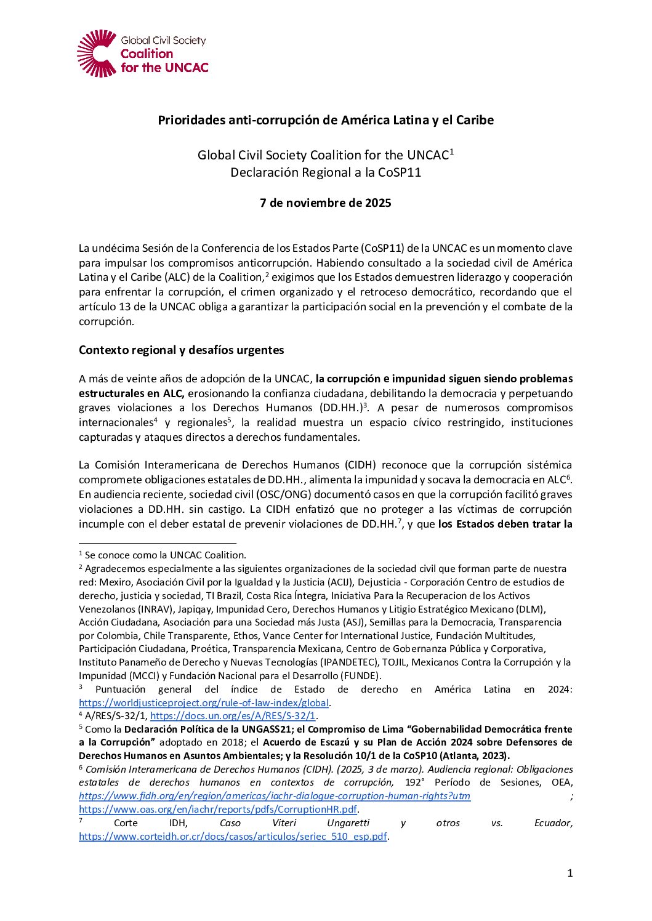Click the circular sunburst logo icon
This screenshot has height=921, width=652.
click(97, 54)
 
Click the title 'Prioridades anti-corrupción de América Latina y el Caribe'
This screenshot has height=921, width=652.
click(326, 120)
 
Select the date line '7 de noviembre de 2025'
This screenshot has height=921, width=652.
click(326, 203)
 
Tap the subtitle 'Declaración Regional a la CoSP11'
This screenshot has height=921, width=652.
click(326, 172)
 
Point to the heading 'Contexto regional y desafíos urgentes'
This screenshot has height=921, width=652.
click(182, 350)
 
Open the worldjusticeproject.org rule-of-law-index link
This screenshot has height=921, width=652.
click(204, 702)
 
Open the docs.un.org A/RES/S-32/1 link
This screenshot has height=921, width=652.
click(233, 715)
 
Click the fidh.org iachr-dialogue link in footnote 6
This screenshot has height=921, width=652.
click(275, 796)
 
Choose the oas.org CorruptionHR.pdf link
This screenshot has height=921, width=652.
click(218, 809)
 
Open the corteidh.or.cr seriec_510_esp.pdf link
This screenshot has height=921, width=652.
click(233, 836)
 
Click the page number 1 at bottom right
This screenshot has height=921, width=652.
click(569, 873)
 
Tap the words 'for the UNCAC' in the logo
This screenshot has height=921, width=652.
click(164, 68)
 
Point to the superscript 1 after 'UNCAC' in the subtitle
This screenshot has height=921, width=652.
click(451, 151)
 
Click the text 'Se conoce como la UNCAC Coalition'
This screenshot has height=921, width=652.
click(165, 555)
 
